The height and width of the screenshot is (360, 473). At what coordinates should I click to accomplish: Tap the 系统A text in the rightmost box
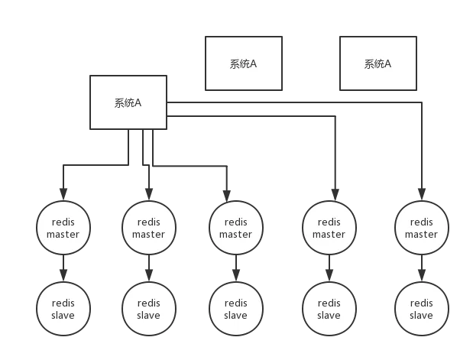point(377,64)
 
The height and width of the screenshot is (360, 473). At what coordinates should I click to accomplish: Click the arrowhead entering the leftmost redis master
point(63,194)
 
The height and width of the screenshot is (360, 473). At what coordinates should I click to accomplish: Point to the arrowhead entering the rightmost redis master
point(422,194)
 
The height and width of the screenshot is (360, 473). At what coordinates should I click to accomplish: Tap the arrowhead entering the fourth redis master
point(335,195)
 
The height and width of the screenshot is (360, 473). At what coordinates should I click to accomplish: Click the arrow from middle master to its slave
point(236,268)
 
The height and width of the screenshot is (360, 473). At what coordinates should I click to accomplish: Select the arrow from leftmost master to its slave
point(63,268)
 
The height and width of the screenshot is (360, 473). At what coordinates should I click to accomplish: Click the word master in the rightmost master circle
point(421,235)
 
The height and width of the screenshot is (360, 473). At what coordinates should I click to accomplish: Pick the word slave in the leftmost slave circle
point(63,316)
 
